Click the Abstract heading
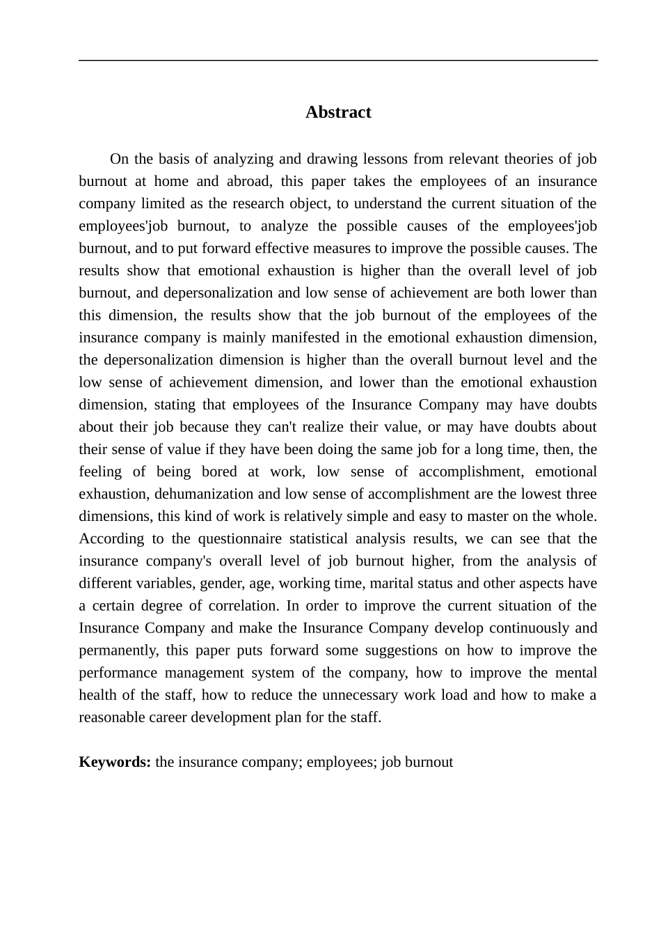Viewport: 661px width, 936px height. [338, 112]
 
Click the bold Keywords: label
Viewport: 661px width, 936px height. [115, 762]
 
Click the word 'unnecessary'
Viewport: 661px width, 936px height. [358, 695]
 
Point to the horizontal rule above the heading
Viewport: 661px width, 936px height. [338, 61]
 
